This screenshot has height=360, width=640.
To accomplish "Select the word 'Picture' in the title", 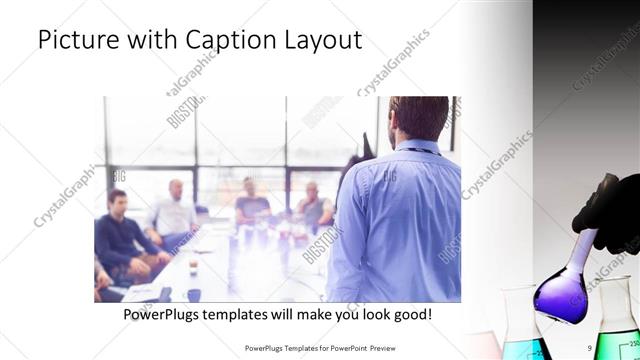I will (x=79, y=41).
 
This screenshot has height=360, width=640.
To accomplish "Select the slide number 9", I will (x=591, y=348).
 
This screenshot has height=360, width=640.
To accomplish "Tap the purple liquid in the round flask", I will (x=561, y=299).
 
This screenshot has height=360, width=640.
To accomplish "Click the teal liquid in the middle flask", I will (x=527, y=346).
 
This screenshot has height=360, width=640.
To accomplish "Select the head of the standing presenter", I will (x=418, y=119).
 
